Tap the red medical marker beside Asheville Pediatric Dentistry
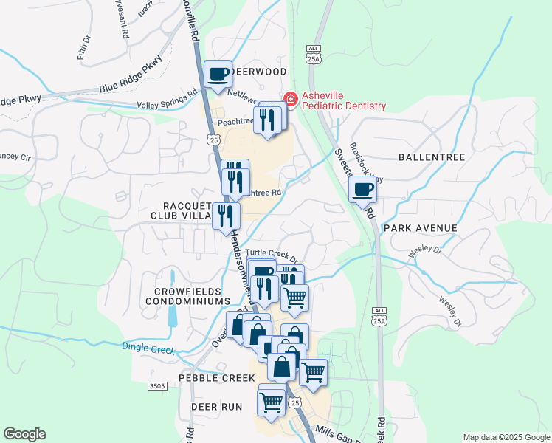point(290,98)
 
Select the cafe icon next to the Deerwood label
point(218,75)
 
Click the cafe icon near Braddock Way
point(362,190)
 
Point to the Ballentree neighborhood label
point(431,157)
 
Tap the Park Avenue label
point(421,228)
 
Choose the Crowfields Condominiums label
point(187,297)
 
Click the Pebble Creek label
point(210,377)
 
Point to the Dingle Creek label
point(148,348)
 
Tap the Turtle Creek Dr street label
point(271,255)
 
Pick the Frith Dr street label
point(83,49)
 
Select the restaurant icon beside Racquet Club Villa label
point(226,216)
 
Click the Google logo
point(24,434)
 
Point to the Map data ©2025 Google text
point(506,437)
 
